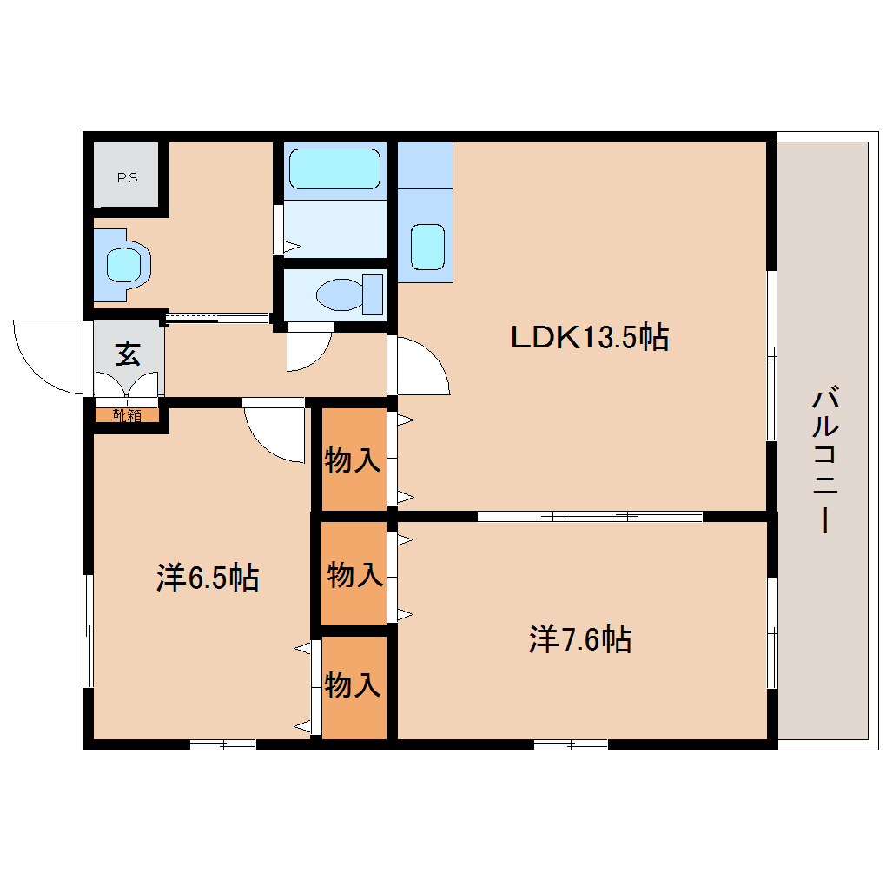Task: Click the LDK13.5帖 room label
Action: pyautogui.click(x=590, y=337)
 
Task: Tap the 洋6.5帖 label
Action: pyautogui.click(x=208, y=578)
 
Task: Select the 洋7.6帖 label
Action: pyautogui.click(x=580, y=639)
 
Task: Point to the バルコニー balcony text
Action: pyautogui.click(x=825, y=459)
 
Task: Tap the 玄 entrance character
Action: pyautogui.click(x=128, y=354)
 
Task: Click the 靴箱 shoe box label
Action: pyautogui.click(x=127, y=416)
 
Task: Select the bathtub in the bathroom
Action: pyautogui.click(x=334, y=169)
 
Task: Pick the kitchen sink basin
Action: pyautogui.click(x=427, y=247)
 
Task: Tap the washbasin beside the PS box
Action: pyautogui.click(x=122, y=265)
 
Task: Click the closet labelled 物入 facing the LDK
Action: pyautogui.click(x=354, y=459)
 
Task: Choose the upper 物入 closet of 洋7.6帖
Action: pyautogui.click(x=354, y=573)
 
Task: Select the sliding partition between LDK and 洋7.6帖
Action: pyautogui.click(x=589, y=516)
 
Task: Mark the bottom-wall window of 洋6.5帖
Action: pyautogui.click(x=222, y=744)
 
